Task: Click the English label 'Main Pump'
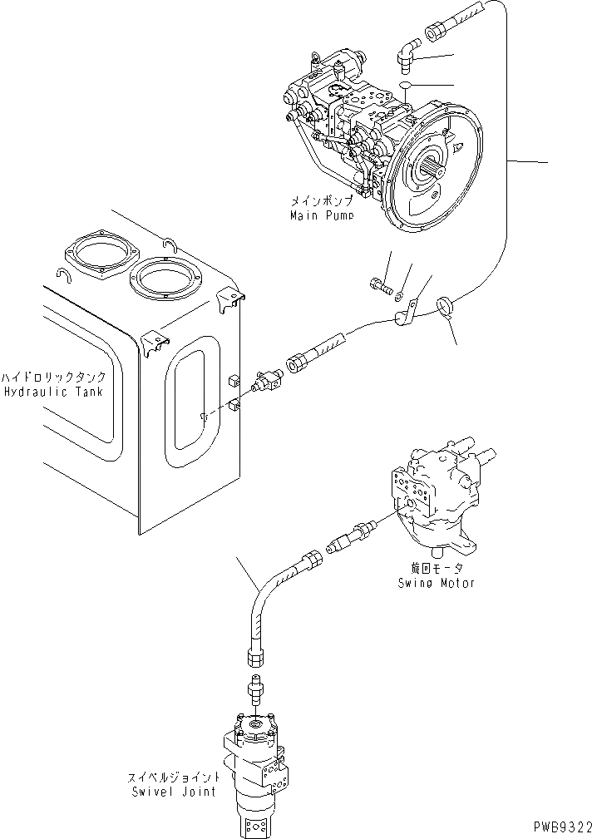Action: pos(321,215)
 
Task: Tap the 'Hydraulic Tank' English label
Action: pos(52,392)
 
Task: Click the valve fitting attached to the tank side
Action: pos(268,382)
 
